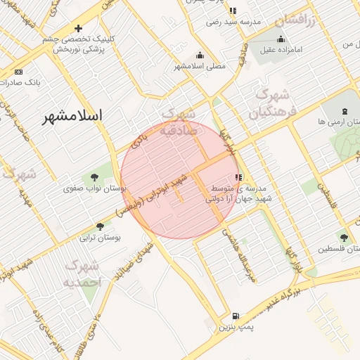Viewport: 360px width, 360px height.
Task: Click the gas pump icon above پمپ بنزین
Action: tap(234, 316)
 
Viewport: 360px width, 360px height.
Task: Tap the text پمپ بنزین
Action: tap(234, 327)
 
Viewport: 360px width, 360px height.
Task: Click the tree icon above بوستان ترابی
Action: tap(99, 226)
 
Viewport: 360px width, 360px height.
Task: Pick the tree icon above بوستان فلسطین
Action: tap(343, 238)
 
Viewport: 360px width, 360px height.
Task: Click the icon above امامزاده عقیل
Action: tap(281, 39)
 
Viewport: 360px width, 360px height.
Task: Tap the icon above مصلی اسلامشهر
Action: tap(200, 56)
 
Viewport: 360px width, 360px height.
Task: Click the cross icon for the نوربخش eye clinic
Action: tap(78, 29)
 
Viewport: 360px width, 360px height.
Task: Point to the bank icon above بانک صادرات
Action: tap(18, 72)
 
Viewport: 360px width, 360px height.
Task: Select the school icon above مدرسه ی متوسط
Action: tap(238, 177)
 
